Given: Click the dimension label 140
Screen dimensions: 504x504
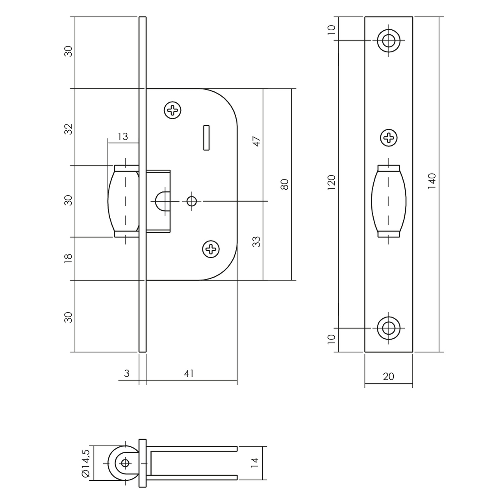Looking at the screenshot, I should tap(432, 181).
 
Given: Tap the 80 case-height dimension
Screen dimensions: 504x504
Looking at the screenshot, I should tap(285, 184).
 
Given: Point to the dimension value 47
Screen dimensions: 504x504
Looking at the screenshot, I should tap(257, 141).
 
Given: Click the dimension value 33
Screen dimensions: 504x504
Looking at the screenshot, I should tap(257, 241).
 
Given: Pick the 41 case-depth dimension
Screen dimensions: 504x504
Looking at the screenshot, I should tap(189, 373).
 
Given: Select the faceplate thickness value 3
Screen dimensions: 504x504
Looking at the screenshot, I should tap(126, 373).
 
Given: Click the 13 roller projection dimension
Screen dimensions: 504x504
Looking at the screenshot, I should tap(122, 137).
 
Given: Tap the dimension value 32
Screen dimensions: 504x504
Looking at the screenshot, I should tap(69, 129).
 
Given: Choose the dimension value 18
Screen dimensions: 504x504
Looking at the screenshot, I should tap(69, 258).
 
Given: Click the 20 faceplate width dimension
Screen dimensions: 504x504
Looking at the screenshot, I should tap(388, 376).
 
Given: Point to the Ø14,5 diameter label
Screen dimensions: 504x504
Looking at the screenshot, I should tap(86, 463).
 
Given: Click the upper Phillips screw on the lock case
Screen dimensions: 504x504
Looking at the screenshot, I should tap(172, 110).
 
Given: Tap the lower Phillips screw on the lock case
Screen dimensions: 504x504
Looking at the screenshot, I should tap(211, 249).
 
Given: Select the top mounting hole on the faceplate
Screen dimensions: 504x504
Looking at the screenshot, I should tap(389, 40).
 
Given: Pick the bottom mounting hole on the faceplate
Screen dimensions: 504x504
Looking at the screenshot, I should tap(389, 328).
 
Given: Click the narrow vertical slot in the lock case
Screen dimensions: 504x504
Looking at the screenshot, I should tap(206, 137).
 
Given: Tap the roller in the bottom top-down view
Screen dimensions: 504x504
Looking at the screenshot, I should tap(123, 463).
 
